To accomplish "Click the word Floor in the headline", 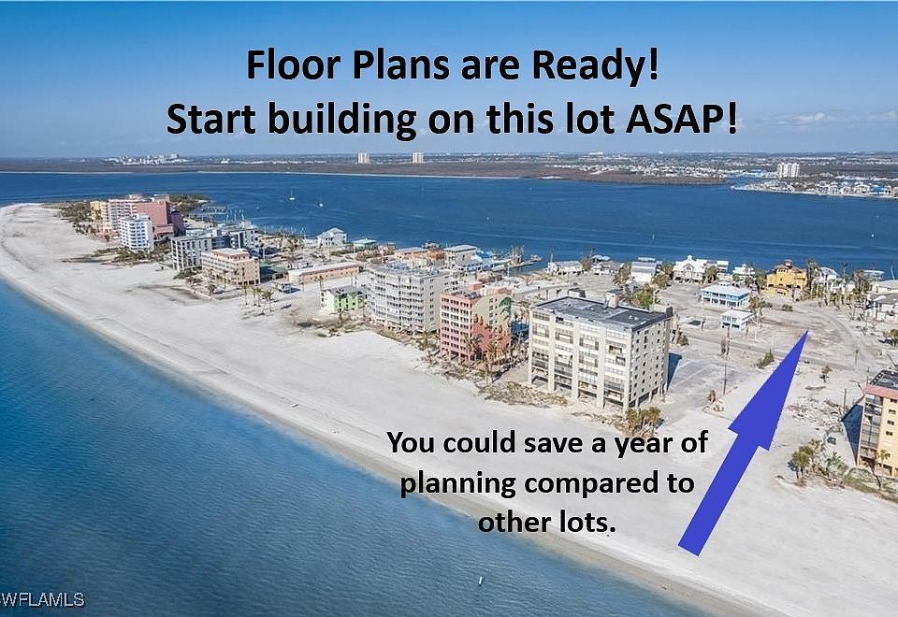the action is tap(293, 65).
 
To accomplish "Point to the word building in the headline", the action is tap(342, 122).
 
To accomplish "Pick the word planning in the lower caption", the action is tap(457, 485).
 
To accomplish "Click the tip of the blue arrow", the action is tap(807, 331).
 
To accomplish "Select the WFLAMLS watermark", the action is tap(43, 600).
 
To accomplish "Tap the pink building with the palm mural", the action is tap(474, 323).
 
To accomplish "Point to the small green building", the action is tap(342, 299).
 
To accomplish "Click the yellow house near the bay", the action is tap(787, 279).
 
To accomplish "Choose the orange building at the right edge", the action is tap(879, 423).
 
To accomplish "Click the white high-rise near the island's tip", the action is tap(136, 232).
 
